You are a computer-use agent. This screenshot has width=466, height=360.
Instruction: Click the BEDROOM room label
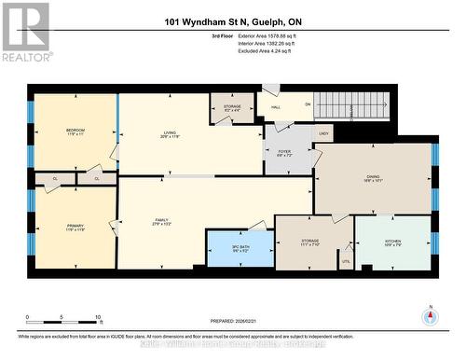[75, 131]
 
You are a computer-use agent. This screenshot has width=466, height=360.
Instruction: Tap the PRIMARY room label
[75, 227]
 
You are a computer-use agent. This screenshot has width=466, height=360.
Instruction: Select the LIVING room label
[169, 134]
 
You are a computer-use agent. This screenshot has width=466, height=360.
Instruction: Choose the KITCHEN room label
[393, 242]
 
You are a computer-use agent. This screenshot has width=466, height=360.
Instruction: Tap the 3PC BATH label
[240, 248]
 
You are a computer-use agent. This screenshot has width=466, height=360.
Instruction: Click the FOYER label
[284, 153]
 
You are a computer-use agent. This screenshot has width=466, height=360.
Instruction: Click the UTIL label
[346, 262]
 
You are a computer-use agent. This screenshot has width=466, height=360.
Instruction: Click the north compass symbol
[430, 315]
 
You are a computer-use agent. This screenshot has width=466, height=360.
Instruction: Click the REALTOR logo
[25, 31]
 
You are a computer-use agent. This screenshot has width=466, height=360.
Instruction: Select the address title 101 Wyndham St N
[232, 21]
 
